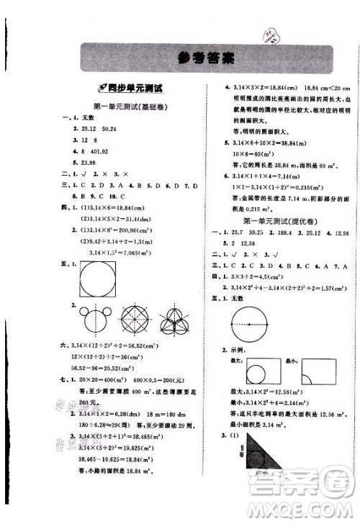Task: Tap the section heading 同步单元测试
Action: pyautogui.click(x=134, y=90)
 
